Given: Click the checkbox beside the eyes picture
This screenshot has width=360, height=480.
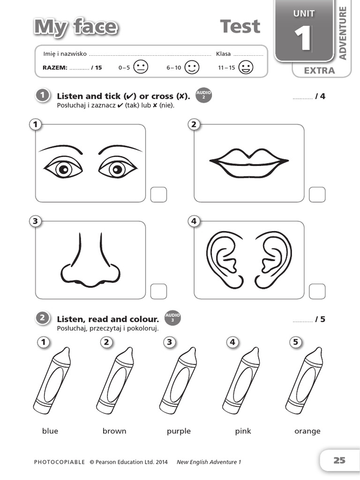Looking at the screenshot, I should click(x=158, y=195).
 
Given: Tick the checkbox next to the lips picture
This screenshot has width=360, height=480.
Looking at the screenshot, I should click(x=317, y=195).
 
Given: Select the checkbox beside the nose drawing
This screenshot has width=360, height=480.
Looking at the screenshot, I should click(x=158, y=291).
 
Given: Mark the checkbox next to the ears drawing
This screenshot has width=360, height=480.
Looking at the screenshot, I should click(x=317, y=291).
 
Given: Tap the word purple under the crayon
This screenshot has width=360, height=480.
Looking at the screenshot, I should click(x=179, y=431).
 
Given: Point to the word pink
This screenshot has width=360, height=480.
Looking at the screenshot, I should click(x=243, y=431).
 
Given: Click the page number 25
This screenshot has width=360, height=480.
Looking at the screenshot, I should click(x=339, y=460).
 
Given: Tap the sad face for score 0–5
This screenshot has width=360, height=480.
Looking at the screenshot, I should click(x=141, y=67).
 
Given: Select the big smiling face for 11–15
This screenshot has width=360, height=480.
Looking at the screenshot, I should click(x=246, y=67).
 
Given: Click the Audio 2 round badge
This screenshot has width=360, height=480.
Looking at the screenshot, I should click(x=204, y=95).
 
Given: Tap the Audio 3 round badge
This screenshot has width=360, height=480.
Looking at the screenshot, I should click(x=172, y=318).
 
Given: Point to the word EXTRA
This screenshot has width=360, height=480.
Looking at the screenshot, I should click(x=319, y=71).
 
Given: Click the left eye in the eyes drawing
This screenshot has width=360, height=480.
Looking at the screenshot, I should click(x=63, y=168).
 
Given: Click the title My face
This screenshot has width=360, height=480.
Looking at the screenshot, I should click(x=75, y=27).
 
